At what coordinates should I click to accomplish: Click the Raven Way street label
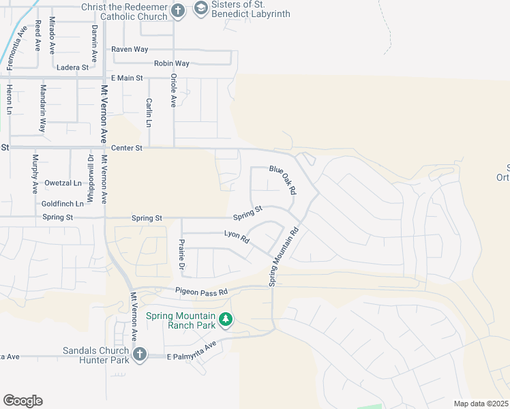point(130,49)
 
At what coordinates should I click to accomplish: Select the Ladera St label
point(73,67)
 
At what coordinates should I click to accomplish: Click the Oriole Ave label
point(174,90)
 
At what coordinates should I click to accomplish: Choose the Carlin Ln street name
point(149,112)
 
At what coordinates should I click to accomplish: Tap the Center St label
point(126,147)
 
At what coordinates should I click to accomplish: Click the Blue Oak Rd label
point(282,180)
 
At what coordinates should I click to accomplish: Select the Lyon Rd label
point(237,236)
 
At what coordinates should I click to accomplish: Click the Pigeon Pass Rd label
point(200,291)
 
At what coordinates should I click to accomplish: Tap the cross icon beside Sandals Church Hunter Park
point(140,354)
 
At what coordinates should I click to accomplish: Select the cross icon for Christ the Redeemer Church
point(177,10)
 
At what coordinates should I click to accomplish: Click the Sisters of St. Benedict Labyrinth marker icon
point(201,8)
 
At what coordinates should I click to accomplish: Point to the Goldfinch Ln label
point(63,204)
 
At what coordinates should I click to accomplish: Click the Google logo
point(22,401)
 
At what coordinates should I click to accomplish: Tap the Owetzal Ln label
point(63,183)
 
